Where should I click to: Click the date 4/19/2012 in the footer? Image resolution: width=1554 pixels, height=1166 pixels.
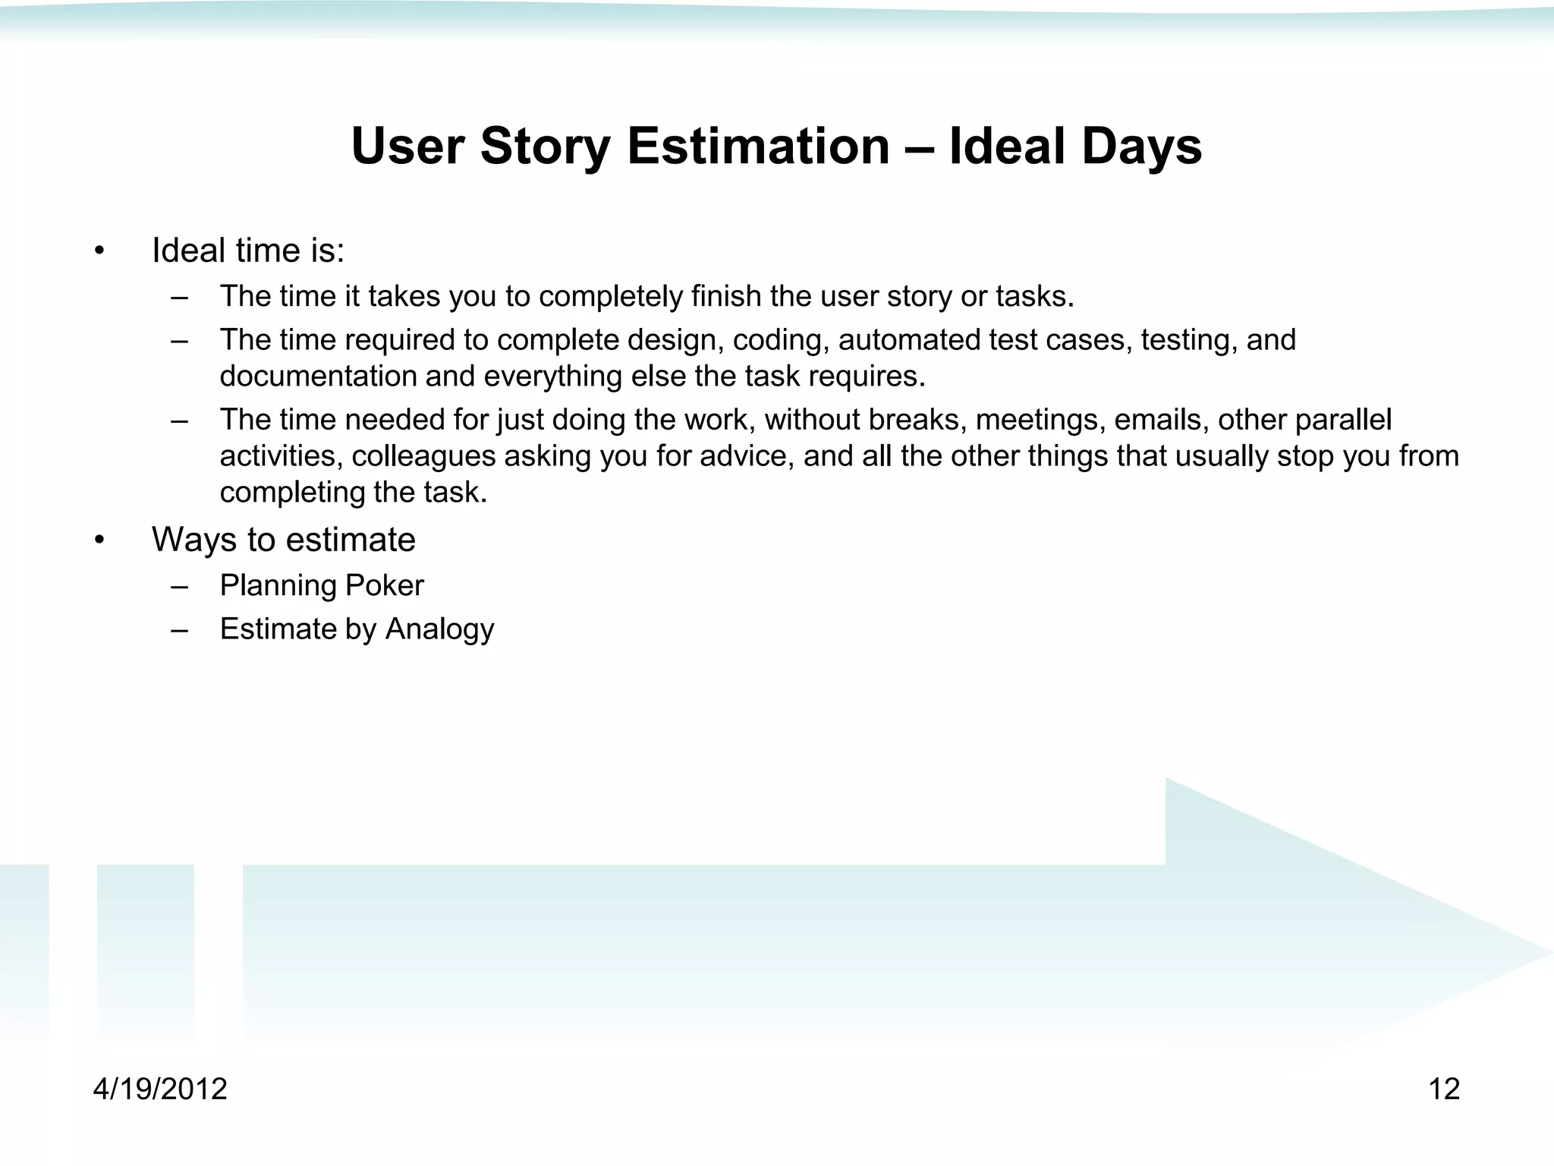coord(160,1089)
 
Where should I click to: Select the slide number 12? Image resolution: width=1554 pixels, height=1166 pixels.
coord(1444,1089)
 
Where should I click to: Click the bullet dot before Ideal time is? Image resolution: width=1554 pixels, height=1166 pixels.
coord(99,251)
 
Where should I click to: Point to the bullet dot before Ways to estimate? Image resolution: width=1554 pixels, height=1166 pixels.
coord(99,540)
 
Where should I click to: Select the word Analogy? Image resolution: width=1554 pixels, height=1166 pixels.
coord(439,629)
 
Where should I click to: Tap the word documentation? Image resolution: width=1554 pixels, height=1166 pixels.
coord(318,377)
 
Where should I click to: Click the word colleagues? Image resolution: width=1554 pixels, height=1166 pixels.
coord(423,456)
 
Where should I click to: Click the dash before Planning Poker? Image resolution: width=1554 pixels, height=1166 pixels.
coord(180,586)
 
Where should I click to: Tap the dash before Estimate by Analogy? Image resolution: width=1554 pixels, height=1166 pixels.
coord(180,630)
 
